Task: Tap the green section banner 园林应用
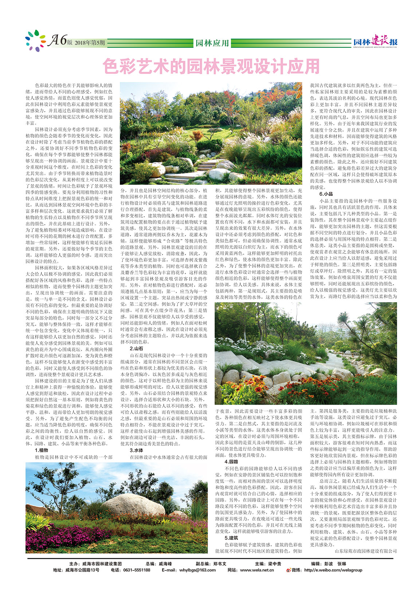[x=212, y=43]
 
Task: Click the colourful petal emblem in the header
[x=35, y=40]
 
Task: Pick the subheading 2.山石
[x=136, y=349]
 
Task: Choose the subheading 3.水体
[x=136, y=450]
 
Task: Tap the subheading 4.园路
[x=231, y=462]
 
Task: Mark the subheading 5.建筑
[x=231, y=538]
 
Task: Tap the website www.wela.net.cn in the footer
[x=257, y=570]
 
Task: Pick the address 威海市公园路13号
[x=82, y=570]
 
